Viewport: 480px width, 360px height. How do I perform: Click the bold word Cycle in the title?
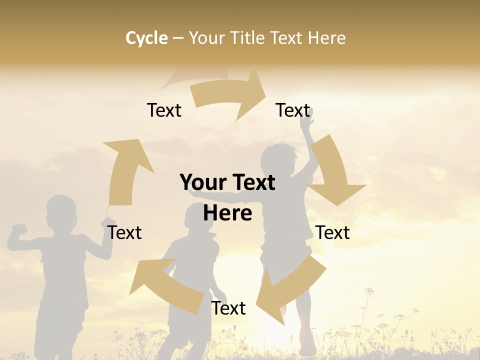click(146, 38)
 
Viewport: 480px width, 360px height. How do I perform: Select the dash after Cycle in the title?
click(178, 38)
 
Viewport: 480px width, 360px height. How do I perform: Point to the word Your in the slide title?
click(206, 38)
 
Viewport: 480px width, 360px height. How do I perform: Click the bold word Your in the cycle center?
click(202, 182)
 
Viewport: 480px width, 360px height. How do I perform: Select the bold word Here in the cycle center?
click(227, 213)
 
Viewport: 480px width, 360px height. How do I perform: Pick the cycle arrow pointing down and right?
click(332, 170)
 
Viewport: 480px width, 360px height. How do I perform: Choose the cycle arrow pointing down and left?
click(290, 290)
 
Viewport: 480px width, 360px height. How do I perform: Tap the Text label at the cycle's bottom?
click(228, 308)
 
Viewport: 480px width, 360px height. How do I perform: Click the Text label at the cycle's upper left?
click(164, 110)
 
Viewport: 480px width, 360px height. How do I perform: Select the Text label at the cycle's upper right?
click(293, 110)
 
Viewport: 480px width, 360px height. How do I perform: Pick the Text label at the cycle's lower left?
click(124, 232)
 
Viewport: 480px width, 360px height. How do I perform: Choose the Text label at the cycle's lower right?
click(332, 232)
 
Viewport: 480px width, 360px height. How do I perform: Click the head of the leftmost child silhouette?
click(61, 212)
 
